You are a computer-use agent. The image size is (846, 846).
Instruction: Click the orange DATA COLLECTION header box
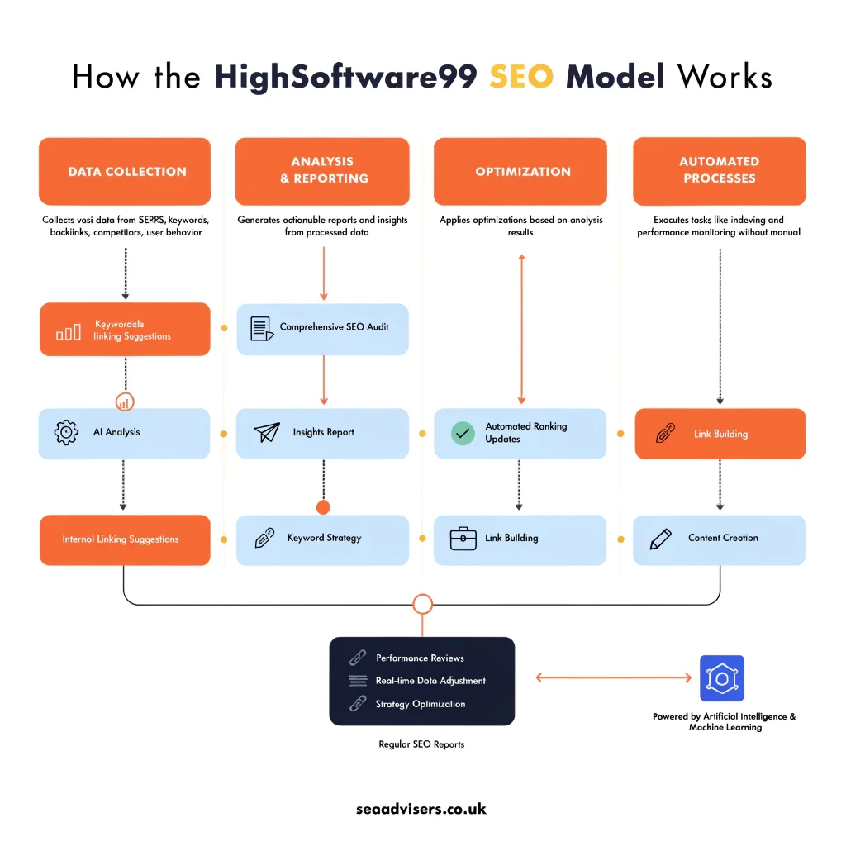tap(125, 172)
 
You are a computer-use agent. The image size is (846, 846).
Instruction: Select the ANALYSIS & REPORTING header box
tap(322, 170)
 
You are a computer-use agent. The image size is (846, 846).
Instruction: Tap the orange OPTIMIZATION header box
tap(522, 172)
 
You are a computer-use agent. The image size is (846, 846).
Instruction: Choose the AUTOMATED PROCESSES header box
tap(719, 170)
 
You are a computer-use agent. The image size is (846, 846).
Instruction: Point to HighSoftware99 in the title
tap(346, 77)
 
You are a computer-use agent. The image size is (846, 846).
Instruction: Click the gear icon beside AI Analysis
tap(66, 433)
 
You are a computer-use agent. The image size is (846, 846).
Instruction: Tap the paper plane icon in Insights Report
tap(267, 433)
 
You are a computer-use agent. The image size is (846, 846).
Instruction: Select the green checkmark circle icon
tap(463, 433)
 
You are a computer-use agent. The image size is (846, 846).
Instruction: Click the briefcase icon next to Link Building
tap(463, 539)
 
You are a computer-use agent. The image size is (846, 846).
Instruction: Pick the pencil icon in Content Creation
tap(661, 539)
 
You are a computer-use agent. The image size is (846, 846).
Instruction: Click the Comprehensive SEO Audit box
tap(322, 328)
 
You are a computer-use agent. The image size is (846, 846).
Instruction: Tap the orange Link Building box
tap(719, 434)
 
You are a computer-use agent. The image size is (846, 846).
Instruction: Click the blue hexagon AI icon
tap(721, 678)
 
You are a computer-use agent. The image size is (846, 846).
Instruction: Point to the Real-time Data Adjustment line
tap(430, 681)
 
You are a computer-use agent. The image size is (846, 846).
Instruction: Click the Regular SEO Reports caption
tap(421, 744)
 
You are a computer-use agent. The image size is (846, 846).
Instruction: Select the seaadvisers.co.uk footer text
tap(421, 809)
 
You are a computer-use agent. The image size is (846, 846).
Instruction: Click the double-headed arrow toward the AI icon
tap(614, 677)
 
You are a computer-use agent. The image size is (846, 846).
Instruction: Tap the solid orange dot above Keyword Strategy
tap(323, 506)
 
